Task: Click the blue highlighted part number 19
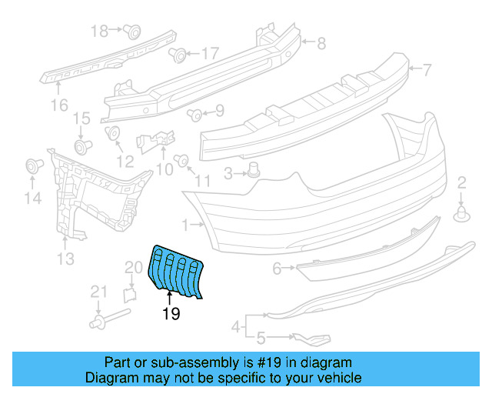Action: pyautogui.click(x=177, y=269)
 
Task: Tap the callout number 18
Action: pyautogui.click(x=100, y=31)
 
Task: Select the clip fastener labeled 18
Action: pyautogui.click(x=132, y=32)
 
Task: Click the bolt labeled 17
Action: pyautogui.click(x=176, y=55)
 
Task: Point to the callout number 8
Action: pyautogui.click(x=321, y=43)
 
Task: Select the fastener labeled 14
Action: pyautogui.click(x=33, y=165)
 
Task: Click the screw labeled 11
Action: pyautogui.click(x=182, y=161)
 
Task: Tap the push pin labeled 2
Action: pyautogui.click(x=462, y=214)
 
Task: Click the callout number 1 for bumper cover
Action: pyautogui.click(x=184, y=225)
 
